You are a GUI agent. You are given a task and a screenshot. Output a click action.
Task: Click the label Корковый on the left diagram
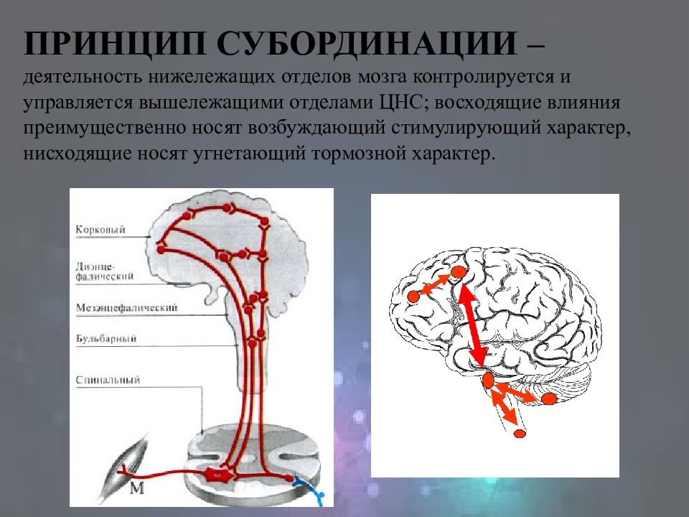100,230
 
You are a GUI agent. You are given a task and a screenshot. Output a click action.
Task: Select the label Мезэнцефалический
126,307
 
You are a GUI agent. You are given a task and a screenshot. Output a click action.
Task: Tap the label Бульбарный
106,337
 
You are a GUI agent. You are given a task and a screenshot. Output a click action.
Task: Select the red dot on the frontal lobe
413,296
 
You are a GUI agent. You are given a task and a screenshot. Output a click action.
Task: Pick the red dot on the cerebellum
549,399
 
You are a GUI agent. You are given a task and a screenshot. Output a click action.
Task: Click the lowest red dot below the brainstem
520,433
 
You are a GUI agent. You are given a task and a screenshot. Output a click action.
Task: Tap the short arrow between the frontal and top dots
436,284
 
